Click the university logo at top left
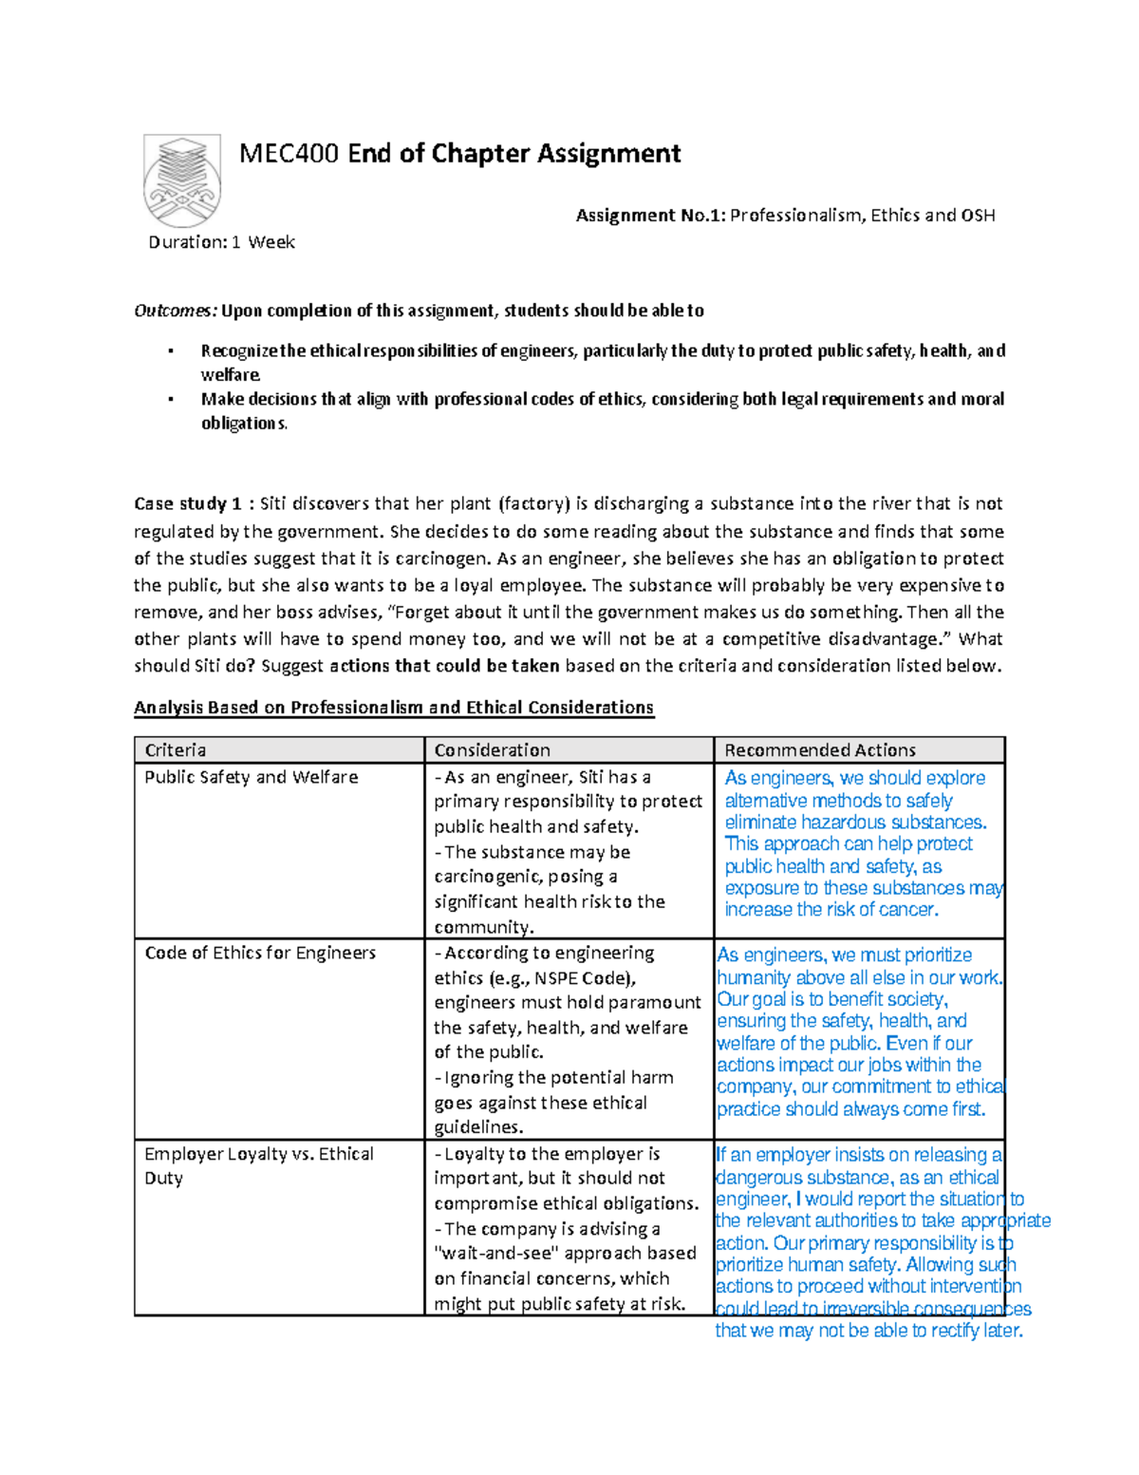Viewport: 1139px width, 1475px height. pos(182,180)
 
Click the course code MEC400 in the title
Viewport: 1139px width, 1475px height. pos(289,153)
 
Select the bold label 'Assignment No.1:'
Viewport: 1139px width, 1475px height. pos(650,216)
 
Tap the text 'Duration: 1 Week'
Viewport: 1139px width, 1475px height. pos(221,242)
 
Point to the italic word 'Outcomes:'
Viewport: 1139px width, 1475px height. pos(176,311)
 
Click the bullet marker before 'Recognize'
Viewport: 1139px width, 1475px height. pos(171,351)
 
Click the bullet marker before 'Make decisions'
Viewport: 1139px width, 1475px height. pos(171,400)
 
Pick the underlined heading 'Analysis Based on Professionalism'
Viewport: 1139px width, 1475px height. pos(393,708)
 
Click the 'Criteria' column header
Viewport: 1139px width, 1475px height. pos(176,749)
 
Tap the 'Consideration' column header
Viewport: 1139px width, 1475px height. pos(492,749)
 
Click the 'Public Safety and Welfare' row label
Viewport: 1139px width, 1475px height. pos(252,777)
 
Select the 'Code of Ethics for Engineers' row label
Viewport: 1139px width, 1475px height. pos(260,953)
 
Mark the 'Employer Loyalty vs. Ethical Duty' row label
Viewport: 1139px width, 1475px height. pos(258,1165)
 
